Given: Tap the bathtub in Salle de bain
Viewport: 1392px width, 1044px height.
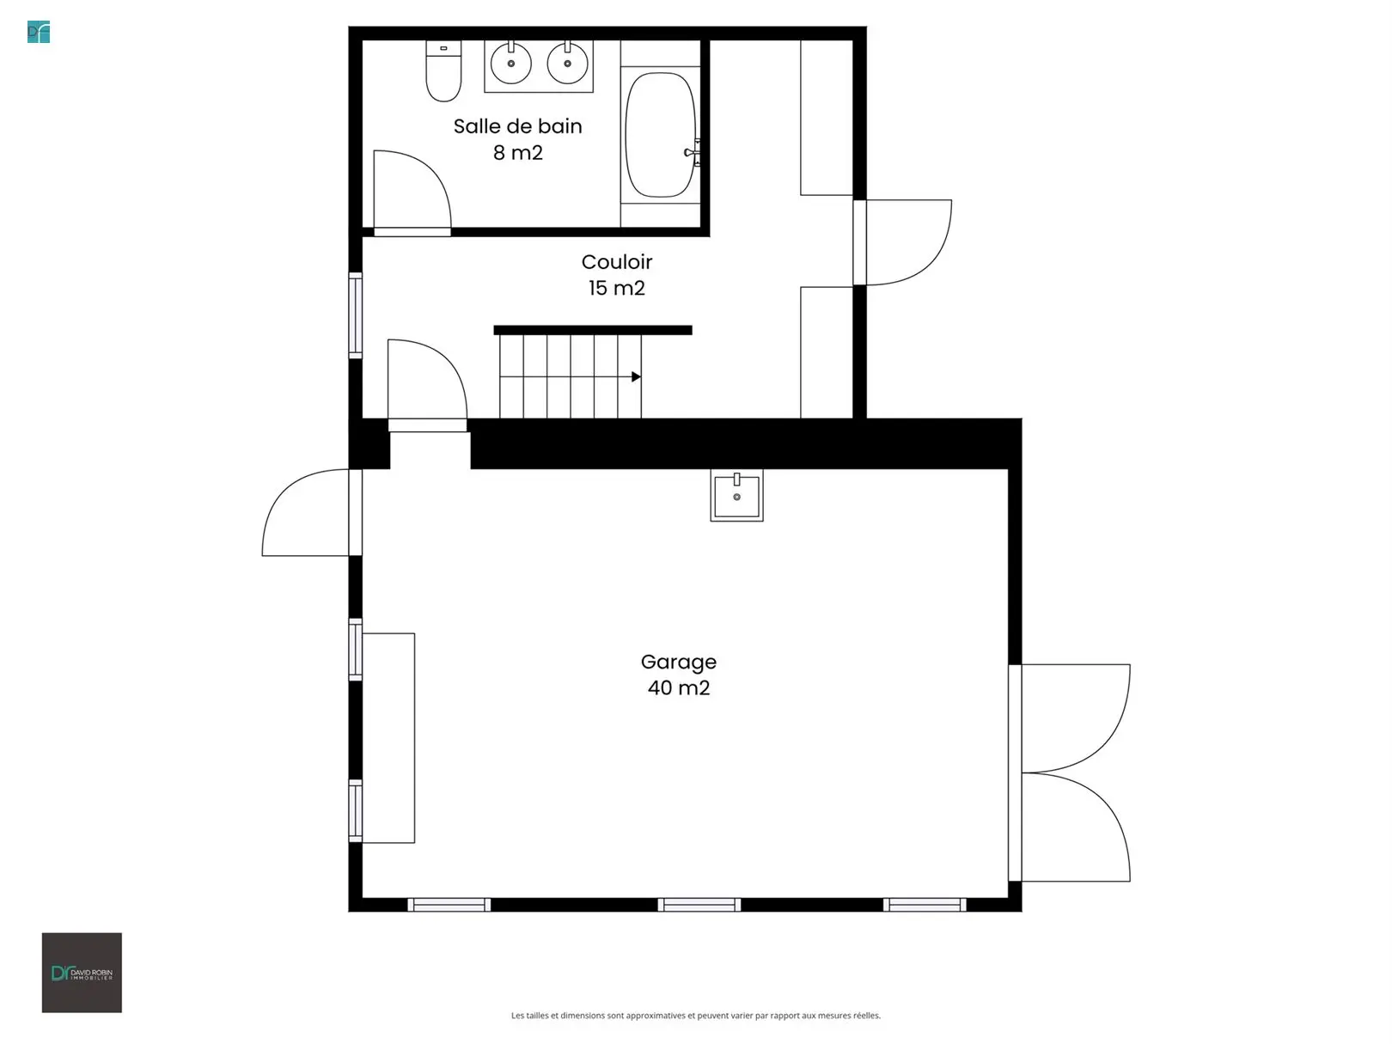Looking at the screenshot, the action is [660, 134].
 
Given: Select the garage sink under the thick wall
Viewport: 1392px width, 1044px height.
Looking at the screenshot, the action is [736, 495].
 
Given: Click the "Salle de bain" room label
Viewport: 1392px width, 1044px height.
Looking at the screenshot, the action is [517, 126].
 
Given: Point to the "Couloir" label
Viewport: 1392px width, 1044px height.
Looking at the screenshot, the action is [616, 262].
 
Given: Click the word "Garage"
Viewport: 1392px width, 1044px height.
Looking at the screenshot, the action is [679, 662].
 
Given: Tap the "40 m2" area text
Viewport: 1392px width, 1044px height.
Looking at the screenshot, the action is [679, 687].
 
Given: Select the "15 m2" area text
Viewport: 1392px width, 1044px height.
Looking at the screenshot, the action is [616, 288].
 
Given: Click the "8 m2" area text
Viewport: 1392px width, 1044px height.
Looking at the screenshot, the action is [517, 153].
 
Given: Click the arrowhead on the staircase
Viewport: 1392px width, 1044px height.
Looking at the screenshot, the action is [636, 376].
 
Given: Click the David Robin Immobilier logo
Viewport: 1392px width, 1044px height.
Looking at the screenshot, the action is [82, 973].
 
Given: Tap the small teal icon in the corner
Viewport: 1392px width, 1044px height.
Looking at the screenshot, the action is [39, 32].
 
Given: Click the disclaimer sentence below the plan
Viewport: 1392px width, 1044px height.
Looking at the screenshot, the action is [696, 1016].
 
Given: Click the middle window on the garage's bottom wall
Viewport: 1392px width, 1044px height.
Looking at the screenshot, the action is [699, 905].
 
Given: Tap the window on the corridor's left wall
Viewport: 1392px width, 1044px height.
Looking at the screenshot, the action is [355, 315].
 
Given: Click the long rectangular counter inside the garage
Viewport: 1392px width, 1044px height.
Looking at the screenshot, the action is [388, 738].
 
